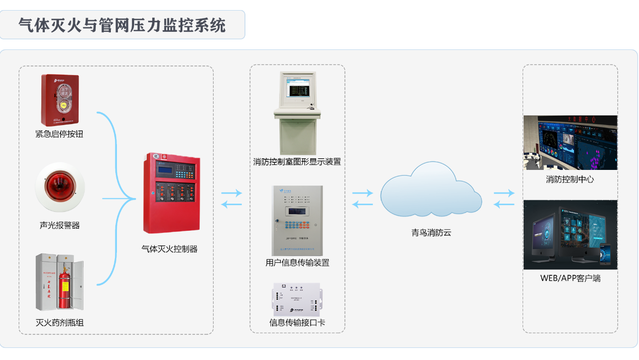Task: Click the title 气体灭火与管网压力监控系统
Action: click(122, 25)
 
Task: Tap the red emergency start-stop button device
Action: click(60, 100)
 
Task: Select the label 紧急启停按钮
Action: click(59, 134)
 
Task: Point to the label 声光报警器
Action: click(59, 225)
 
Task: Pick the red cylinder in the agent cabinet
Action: click(64, 290)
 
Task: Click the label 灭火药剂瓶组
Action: click(59, 322)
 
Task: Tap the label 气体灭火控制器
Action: click(169, 249)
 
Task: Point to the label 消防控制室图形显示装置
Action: click(297, 162)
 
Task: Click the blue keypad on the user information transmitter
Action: click(295, 223)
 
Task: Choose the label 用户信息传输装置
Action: click(297, 263)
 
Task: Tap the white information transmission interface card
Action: click(297, 299)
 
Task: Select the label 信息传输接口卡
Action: click(297, 322)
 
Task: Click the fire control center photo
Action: click(570, 143)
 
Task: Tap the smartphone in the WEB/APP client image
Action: click(605, 254)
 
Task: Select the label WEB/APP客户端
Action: click(570, 278)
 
